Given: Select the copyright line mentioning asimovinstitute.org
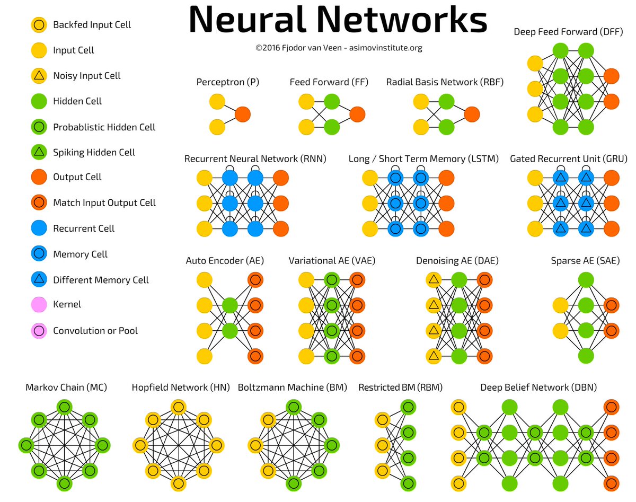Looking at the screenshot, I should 338,48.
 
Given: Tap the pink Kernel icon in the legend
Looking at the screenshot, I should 38,305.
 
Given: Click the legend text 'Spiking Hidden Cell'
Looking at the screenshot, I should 94,152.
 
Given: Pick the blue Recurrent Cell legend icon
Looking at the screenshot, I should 38,228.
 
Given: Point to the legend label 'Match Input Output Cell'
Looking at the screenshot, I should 104,202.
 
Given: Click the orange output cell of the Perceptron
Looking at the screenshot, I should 242,114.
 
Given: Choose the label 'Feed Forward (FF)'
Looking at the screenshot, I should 329,82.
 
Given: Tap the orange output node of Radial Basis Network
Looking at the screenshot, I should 472,114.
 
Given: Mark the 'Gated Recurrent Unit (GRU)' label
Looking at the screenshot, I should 568,158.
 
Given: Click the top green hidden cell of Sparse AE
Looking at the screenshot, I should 586,280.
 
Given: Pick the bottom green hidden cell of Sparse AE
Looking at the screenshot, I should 586,356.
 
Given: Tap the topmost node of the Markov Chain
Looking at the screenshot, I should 64,407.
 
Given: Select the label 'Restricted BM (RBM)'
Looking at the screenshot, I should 400,387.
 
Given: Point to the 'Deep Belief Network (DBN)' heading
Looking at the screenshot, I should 538,387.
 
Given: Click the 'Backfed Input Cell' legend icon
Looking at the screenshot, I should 38,24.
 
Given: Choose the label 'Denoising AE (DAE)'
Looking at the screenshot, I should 457,260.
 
